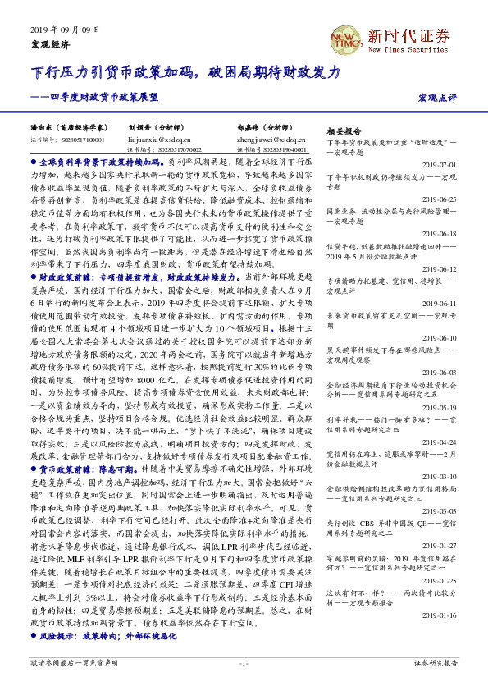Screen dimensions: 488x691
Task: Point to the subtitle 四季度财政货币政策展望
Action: click(x=98, y=97)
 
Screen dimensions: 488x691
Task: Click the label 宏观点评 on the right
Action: click(x=437, y=98)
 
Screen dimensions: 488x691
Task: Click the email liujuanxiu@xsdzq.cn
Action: click(x=159, y=140)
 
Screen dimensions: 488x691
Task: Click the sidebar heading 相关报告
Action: click(x=343, y=131)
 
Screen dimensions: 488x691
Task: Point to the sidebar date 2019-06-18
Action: click(x=443, y=233)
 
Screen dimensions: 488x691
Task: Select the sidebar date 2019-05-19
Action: click(x=443, y=406)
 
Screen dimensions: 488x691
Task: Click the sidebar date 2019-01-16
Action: click(x=443, y=637)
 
